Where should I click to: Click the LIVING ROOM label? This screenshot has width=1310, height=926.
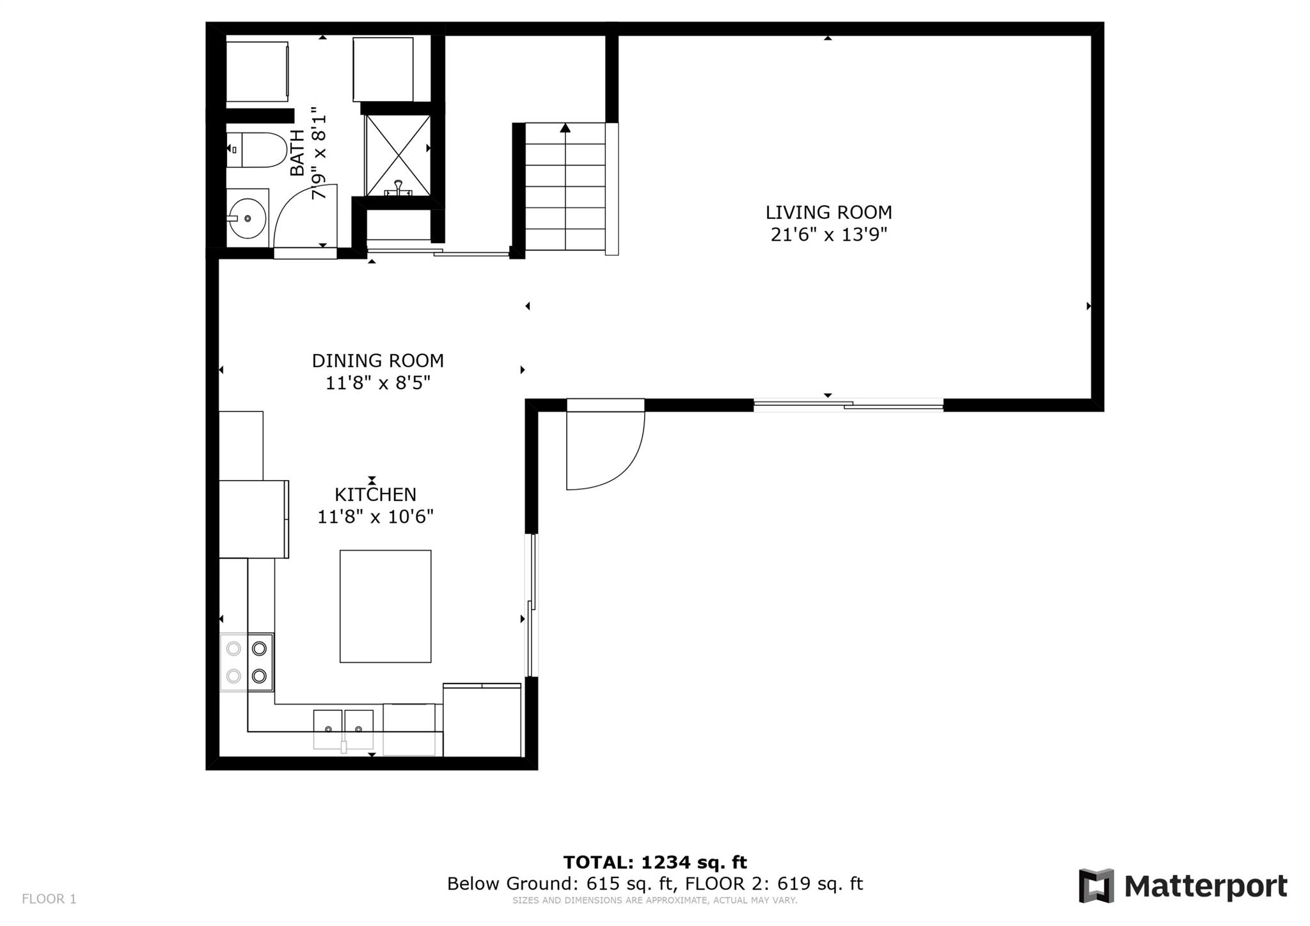click(828, 212)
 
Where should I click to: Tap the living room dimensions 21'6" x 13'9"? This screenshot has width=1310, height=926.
click(829, 235)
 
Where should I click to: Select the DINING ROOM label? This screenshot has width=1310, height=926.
click(377, 361)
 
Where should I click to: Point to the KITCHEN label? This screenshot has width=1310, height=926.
click(375, 495)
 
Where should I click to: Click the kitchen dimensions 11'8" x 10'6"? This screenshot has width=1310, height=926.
click(375, 516)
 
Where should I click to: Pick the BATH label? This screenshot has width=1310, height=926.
click(297, 153)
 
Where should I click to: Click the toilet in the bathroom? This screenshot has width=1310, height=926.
click(256, 150)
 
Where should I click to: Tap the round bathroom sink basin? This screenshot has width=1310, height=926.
click(247, 218)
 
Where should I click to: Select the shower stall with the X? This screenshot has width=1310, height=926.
click(397, 156)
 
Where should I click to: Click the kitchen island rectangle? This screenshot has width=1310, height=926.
click(385, 606)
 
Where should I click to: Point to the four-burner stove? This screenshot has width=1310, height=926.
click(247, 662)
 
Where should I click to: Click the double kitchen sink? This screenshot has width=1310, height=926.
click(343, 729)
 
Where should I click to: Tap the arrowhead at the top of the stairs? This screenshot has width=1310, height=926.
click(565, 128)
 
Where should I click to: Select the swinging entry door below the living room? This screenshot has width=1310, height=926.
click(605, 444)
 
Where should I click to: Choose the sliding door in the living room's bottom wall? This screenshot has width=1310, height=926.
click(848, 404)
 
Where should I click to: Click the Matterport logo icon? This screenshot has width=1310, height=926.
click(1096, 886)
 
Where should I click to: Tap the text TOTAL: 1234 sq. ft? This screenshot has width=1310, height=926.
click(655, 862)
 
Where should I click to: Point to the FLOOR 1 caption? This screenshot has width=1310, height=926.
click(49, 899)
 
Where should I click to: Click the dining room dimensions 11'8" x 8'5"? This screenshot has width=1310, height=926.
click(377, 383)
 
